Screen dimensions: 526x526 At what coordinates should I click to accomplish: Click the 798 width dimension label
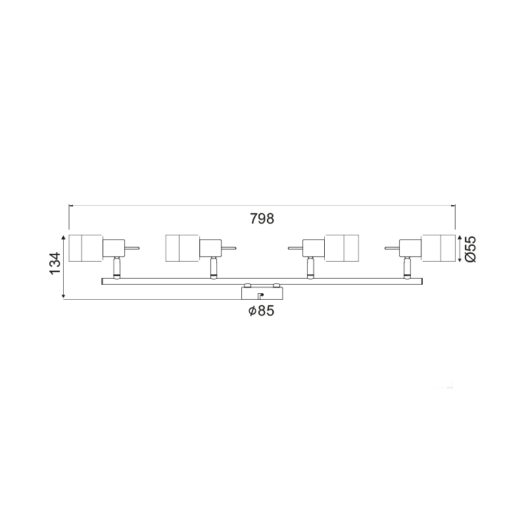pyautogui.click(x=262, y=219)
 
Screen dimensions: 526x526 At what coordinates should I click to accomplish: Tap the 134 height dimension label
pyautogui.click(x=56, y=263)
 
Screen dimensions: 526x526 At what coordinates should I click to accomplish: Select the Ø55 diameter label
pyautogui.click(x=470, y=249)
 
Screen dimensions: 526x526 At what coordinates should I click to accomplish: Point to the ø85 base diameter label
pyautogui.click(x=261, y=310)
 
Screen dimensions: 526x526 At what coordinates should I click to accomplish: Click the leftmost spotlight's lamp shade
pyautogui.click(x=85, y=249)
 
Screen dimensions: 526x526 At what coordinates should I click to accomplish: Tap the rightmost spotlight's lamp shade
pyautogui.click(x=439, y=249)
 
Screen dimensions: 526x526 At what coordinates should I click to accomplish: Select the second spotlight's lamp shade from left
pyautogui.click(x=183, y=249)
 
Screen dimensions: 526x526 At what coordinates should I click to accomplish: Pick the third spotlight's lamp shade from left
pyautogui.click(x=342, y=249)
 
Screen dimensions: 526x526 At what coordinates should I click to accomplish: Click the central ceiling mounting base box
pyautogui.click(x=262, y=293)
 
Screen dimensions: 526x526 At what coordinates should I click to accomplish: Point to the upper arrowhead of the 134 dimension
pyautogui.click(x=64, y=237)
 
